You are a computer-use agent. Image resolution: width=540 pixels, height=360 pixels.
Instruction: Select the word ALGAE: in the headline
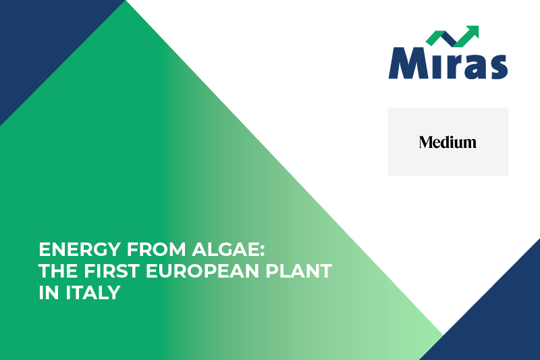point(231,249)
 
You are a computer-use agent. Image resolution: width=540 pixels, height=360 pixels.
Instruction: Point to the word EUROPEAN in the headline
point(208,272)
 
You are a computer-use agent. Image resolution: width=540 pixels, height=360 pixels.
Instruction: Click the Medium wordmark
point(448,142)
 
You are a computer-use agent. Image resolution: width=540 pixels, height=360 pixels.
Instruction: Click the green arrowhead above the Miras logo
point(471,32)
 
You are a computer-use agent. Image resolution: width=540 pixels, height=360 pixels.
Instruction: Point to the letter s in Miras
point(497,66)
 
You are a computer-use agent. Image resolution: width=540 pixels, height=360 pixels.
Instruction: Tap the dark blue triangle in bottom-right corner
point(500,317)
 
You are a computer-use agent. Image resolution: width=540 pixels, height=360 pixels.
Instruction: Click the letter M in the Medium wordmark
point(425,142)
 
